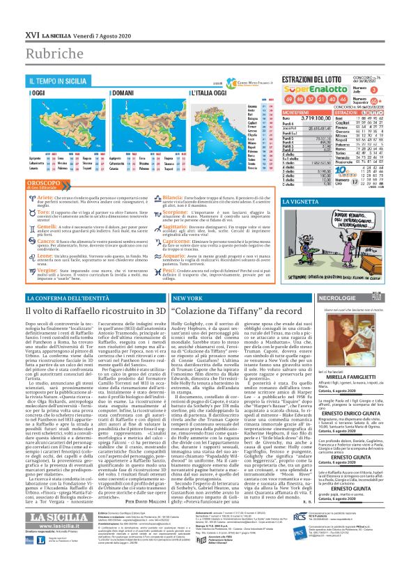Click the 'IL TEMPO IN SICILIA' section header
pos(59,81)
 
